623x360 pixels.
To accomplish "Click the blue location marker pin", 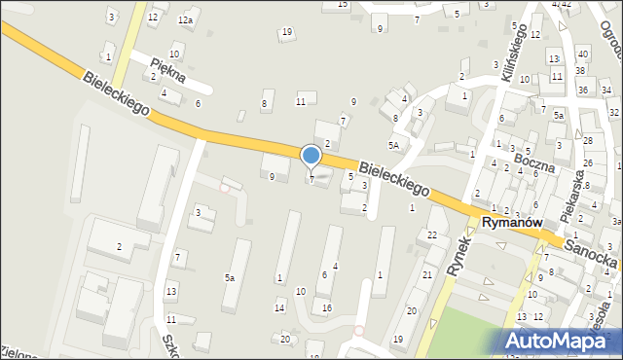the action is [x=311, y=156].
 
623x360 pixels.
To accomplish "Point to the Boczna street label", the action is [x=536, y=158].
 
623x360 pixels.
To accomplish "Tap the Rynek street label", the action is [x=455, y=256].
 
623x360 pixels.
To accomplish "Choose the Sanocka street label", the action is [x=592, y=250].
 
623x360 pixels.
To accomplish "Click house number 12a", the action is [x=185, y=19].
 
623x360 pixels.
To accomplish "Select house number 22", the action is [x=431, y=234].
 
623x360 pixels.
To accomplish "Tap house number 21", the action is [x=426, y=275].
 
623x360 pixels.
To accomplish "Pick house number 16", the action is [x=327, y=307].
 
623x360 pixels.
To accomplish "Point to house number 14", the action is [x=279, y=307].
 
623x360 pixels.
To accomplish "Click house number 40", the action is [x=582, y=54].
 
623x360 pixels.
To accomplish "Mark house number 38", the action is [x=579, y=70].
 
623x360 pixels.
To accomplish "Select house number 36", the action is [x=582, y=90].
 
